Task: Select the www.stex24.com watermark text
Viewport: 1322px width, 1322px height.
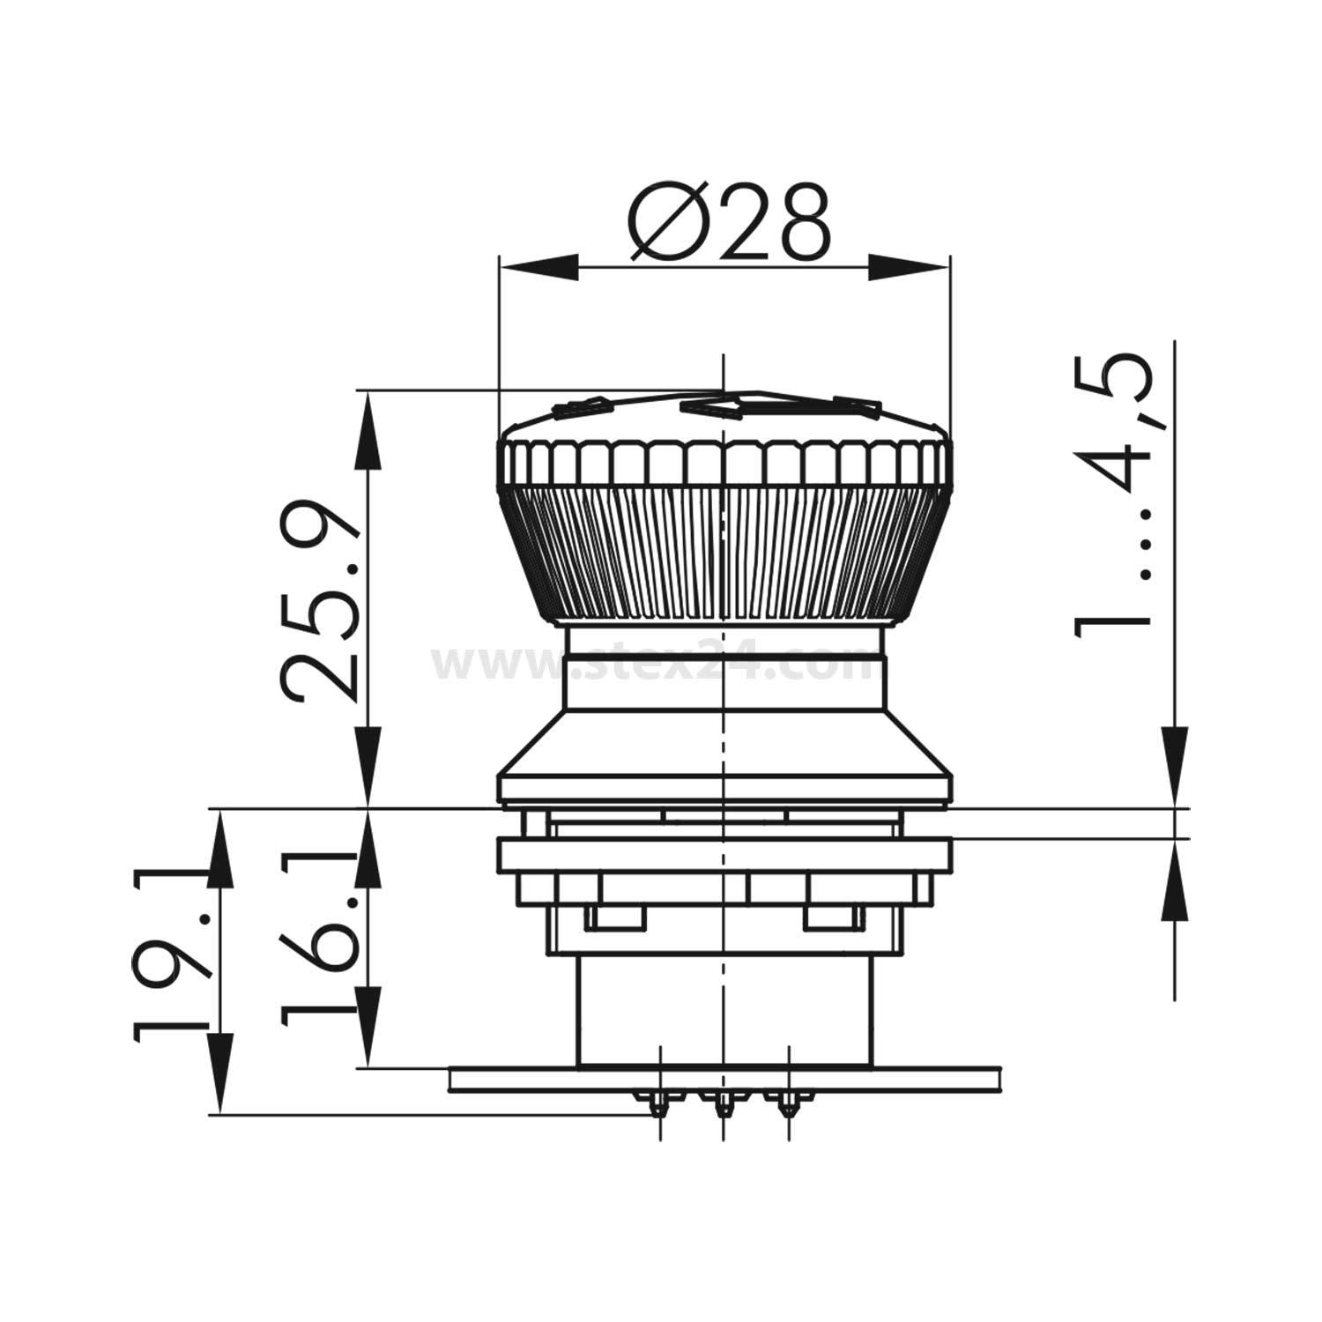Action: (x=656, y=665)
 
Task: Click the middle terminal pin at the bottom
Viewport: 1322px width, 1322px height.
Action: (x=723, y=1103)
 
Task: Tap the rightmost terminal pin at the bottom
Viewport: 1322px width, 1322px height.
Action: (x=786, y=1103)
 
